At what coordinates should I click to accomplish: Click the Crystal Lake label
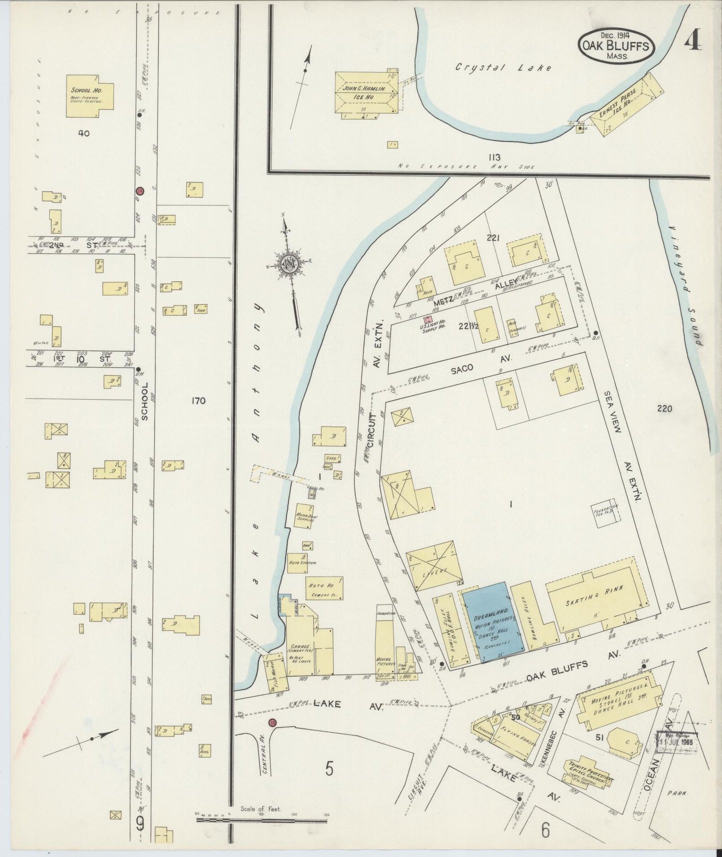point(503,67)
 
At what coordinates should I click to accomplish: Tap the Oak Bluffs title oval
point(616,45)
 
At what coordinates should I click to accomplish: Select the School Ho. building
point(90,96)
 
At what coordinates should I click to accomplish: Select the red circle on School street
point(140,191)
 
